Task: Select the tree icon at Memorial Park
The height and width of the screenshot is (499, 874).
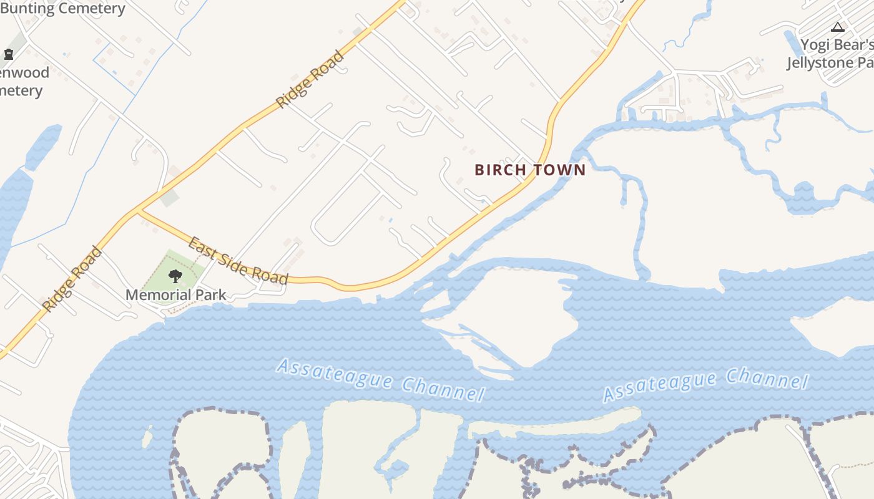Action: (x=175, y=276)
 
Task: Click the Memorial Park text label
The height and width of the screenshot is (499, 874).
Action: (x=175, y=294)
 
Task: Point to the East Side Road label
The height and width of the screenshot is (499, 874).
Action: (x=238, y=261)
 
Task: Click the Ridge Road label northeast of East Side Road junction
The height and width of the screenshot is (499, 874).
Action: (x=310, y=80)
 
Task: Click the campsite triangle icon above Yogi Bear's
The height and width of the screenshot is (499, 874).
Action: (x=838, y=27)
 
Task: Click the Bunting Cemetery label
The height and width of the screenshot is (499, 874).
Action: (x=62, y=9)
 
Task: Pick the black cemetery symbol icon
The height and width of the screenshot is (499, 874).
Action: (x=9, y=54)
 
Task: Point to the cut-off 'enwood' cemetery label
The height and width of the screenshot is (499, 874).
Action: (x=24, y=72)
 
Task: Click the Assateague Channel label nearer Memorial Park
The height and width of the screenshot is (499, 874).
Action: (x=380, y=379)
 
